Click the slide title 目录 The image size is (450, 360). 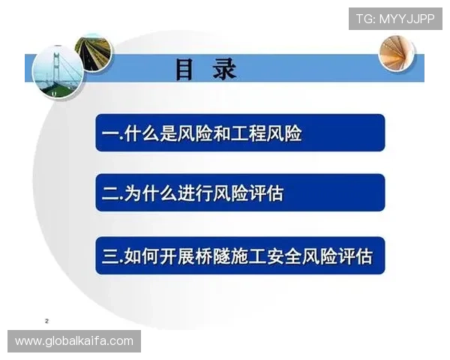[205, 69]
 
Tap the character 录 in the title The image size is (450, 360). [224, 69]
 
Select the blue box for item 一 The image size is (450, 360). [240, 133]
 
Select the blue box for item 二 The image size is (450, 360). [240, 193]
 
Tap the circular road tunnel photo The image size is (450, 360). [92, 52]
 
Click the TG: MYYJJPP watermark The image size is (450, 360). [394, 18]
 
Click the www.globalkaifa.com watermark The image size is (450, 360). [74, 341]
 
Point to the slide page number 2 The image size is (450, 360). [46, 320]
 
